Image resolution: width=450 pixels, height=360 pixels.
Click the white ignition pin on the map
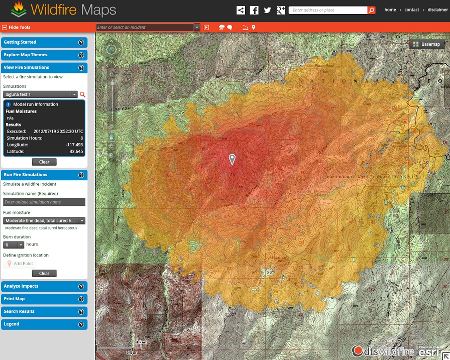tap(232, 159)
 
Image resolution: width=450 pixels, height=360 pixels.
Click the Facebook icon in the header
tap(254, 10)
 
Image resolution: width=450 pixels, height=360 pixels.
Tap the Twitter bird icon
tap(267, 10)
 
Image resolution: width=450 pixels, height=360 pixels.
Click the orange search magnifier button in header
tap(371, 10)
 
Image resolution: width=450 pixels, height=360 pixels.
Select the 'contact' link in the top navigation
tap(411, 10)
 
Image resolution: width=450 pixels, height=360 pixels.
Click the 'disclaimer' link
tap(437, 10)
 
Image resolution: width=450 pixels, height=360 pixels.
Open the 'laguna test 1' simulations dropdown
tap(40, 94)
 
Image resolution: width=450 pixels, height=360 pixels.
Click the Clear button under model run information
tap(44, 162)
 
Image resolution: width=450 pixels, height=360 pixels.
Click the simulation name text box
tap(44, 202)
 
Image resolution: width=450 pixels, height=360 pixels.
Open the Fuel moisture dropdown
tap(44, 220)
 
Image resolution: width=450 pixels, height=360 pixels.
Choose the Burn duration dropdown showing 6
tap(14, 245)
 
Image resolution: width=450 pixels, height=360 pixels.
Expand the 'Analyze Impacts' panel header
tap(40, 286)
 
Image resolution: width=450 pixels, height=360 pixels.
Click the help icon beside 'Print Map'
tap(81, 299)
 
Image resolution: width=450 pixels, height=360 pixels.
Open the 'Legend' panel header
tap(40, 324)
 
